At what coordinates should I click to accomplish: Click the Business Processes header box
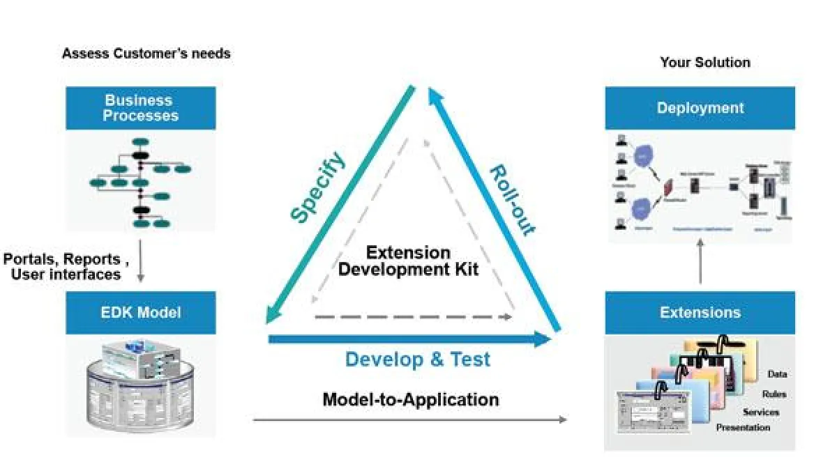click(140, 107)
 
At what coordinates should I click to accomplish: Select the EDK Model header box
click(140, 312)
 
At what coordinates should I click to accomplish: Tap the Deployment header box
click(700, 108)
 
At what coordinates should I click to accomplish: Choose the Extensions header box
click(700, 312)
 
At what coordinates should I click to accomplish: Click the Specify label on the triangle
click(318, 187)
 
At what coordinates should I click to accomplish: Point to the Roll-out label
click(511, 201)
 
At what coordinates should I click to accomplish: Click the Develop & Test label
click(418, 360)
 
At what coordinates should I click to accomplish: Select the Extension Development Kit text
click(409, 261)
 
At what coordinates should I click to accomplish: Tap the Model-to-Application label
click(410, 399)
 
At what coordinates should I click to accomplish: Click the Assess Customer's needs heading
click(146, 53)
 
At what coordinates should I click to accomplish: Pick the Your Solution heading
click(705, 63)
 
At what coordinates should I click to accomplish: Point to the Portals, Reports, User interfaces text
click(66, 267)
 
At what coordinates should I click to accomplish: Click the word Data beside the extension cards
click(777, 374)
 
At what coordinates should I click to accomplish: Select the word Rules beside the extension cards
click(774, 394)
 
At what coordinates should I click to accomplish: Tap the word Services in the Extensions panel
click(760, 412)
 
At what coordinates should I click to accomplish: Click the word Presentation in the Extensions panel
click(743, 427)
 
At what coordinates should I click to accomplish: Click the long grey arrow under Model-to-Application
click(410, 419)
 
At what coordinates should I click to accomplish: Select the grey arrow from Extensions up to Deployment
click(700, 263)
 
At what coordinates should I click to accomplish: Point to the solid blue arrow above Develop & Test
click(410, 339)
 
